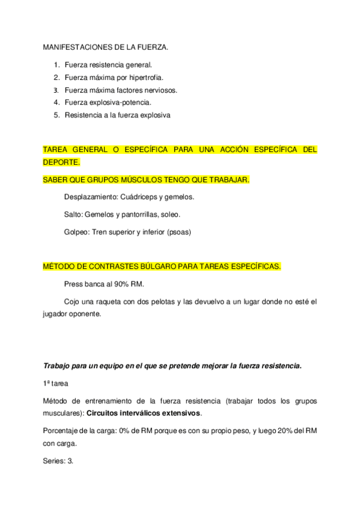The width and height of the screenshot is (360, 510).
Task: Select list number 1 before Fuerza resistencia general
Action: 56,64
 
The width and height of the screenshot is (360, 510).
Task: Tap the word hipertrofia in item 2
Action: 144,78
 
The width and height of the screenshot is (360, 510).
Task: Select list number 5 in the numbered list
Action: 56,115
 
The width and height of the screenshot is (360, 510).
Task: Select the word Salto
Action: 73,214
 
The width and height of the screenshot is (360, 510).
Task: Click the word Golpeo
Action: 76,232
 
